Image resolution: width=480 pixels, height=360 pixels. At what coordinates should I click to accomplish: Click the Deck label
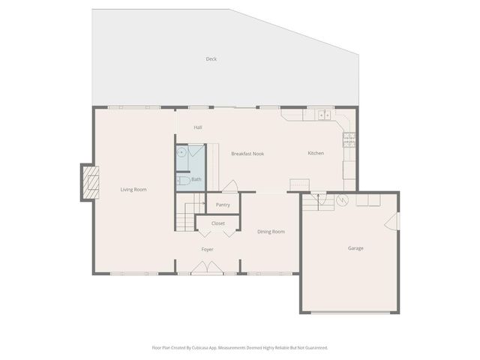(211, 58)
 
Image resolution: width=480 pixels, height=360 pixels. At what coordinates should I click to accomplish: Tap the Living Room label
(133, 189)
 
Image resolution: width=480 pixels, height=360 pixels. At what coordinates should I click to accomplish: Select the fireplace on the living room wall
(90, 183)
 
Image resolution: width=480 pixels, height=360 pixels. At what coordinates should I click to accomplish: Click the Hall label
(198, 127)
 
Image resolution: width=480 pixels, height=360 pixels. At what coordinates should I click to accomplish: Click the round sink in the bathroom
(181, 151)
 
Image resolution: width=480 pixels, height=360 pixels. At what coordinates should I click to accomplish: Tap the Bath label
(196, 179)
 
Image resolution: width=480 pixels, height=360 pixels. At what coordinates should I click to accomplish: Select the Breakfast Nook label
(247, 154)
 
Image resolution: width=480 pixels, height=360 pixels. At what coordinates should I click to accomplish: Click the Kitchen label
(316, 154)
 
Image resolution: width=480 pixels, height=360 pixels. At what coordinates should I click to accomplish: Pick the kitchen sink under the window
(323, 115)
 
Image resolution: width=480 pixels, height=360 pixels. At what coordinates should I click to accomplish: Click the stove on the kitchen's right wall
(349, 137)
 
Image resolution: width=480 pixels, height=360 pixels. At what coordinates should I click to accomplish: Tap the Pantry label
(223, 205)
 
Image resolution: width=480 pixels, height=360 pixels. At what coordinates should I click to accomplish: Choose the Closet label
(218, 223)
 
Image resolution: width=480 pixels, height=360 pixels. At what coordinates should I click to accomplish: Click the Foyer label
(208, 249)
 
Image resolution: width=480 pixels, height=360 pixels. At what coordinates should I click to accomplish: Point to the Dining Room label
(271, 232)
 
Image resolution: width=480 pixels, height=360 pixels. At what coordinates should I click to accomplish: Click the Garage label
(355, 247)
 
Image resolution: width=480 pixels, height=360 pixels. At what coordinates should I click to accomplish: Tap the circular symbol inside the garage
(343, 199)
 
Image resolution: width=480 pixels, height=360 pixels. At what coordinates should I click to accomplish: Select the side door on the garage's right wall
(391, 222)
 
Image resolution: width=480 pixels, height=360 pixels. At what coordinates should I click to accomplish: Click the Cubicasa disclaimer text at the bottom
(240, 347)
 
